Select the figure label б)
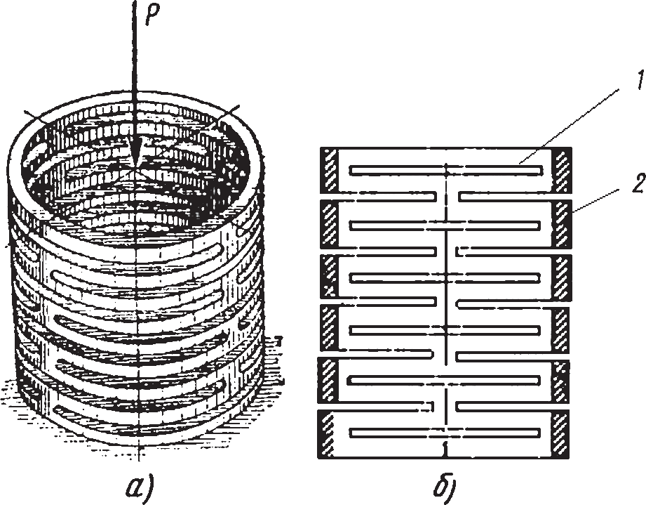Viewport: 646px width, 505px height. [x=445, y=485]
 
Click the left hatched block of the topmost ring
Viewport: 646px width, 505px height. [x=329, y=170]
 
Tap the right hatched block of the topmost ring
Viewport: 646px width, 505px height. [x=562, y=170]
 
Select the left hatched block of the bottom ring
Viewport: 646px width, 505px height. [x=329, y=431]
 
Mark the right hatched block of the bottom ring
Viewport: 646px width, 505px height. [x=562, y=431]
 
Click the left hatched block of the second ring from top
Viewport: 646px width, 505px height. [x=329, y=224]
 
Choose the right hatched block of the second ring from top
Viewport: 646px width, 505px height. [x=562, y=224]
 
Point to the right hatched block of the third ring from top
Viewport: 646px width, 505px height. [x=562, y=276]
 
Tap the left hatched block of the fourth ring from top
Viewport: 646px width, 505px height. [x=329, y=327]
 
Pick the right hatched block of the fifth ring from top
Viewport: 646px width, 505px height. [x=562, y=380]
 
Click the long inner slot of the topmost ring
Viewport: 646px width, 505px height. [x=446, y=170]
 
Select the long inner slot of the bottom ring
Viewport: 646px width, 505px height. [x=446, y=431]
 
